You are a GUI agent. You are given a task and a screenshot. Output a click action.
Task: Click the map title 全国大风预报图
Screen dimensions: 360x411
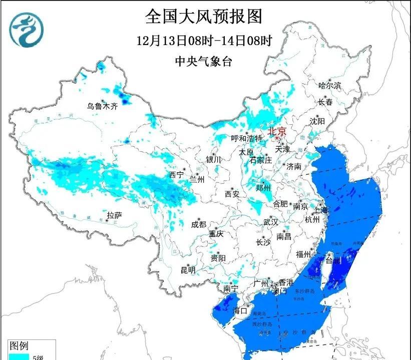pos(204,17)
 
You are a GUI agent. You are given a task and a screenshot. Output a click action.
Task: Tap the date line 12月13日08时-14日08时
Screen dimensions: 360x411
pos(204,40)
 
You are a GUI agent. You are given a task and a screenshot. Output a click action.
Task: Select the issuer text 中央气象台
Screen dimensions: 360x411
pos(204,62)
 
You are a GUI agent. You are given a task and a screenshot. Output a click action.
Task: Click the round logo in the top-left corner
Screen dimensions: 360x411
pos(27,29)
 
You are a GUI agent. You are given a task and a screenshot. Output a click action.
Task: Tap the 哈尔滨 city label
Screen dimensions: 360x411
pos(329,86)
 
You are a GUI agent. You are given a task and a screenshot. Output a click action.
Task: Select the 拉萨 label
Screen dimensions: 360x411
pos(114,215)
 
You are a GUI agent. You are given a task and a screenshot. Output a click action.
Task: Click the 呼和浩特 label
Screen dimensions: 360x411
pos(247,138)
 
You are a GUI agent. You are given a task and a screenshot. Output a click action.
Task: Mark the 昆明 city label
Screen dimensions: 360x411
pos(188,270)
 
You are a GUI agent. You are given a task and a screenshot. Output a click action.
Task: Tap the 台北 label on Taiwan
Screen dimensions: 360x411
pos(333,260)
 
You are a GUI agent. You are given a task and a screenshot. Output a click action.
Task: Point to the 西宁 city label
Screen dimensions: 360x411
pos(176,175)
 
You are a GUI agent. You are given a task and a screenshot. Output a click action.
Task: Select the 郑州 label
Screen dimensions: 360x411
pos(263,188)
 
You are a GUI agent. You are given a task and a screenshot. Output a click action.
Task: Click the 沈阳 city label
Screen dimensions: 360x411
pos(317,121)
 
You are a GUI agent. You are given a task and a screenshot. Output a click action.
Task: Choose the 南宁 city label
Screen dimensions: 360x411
pos(230,289)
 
